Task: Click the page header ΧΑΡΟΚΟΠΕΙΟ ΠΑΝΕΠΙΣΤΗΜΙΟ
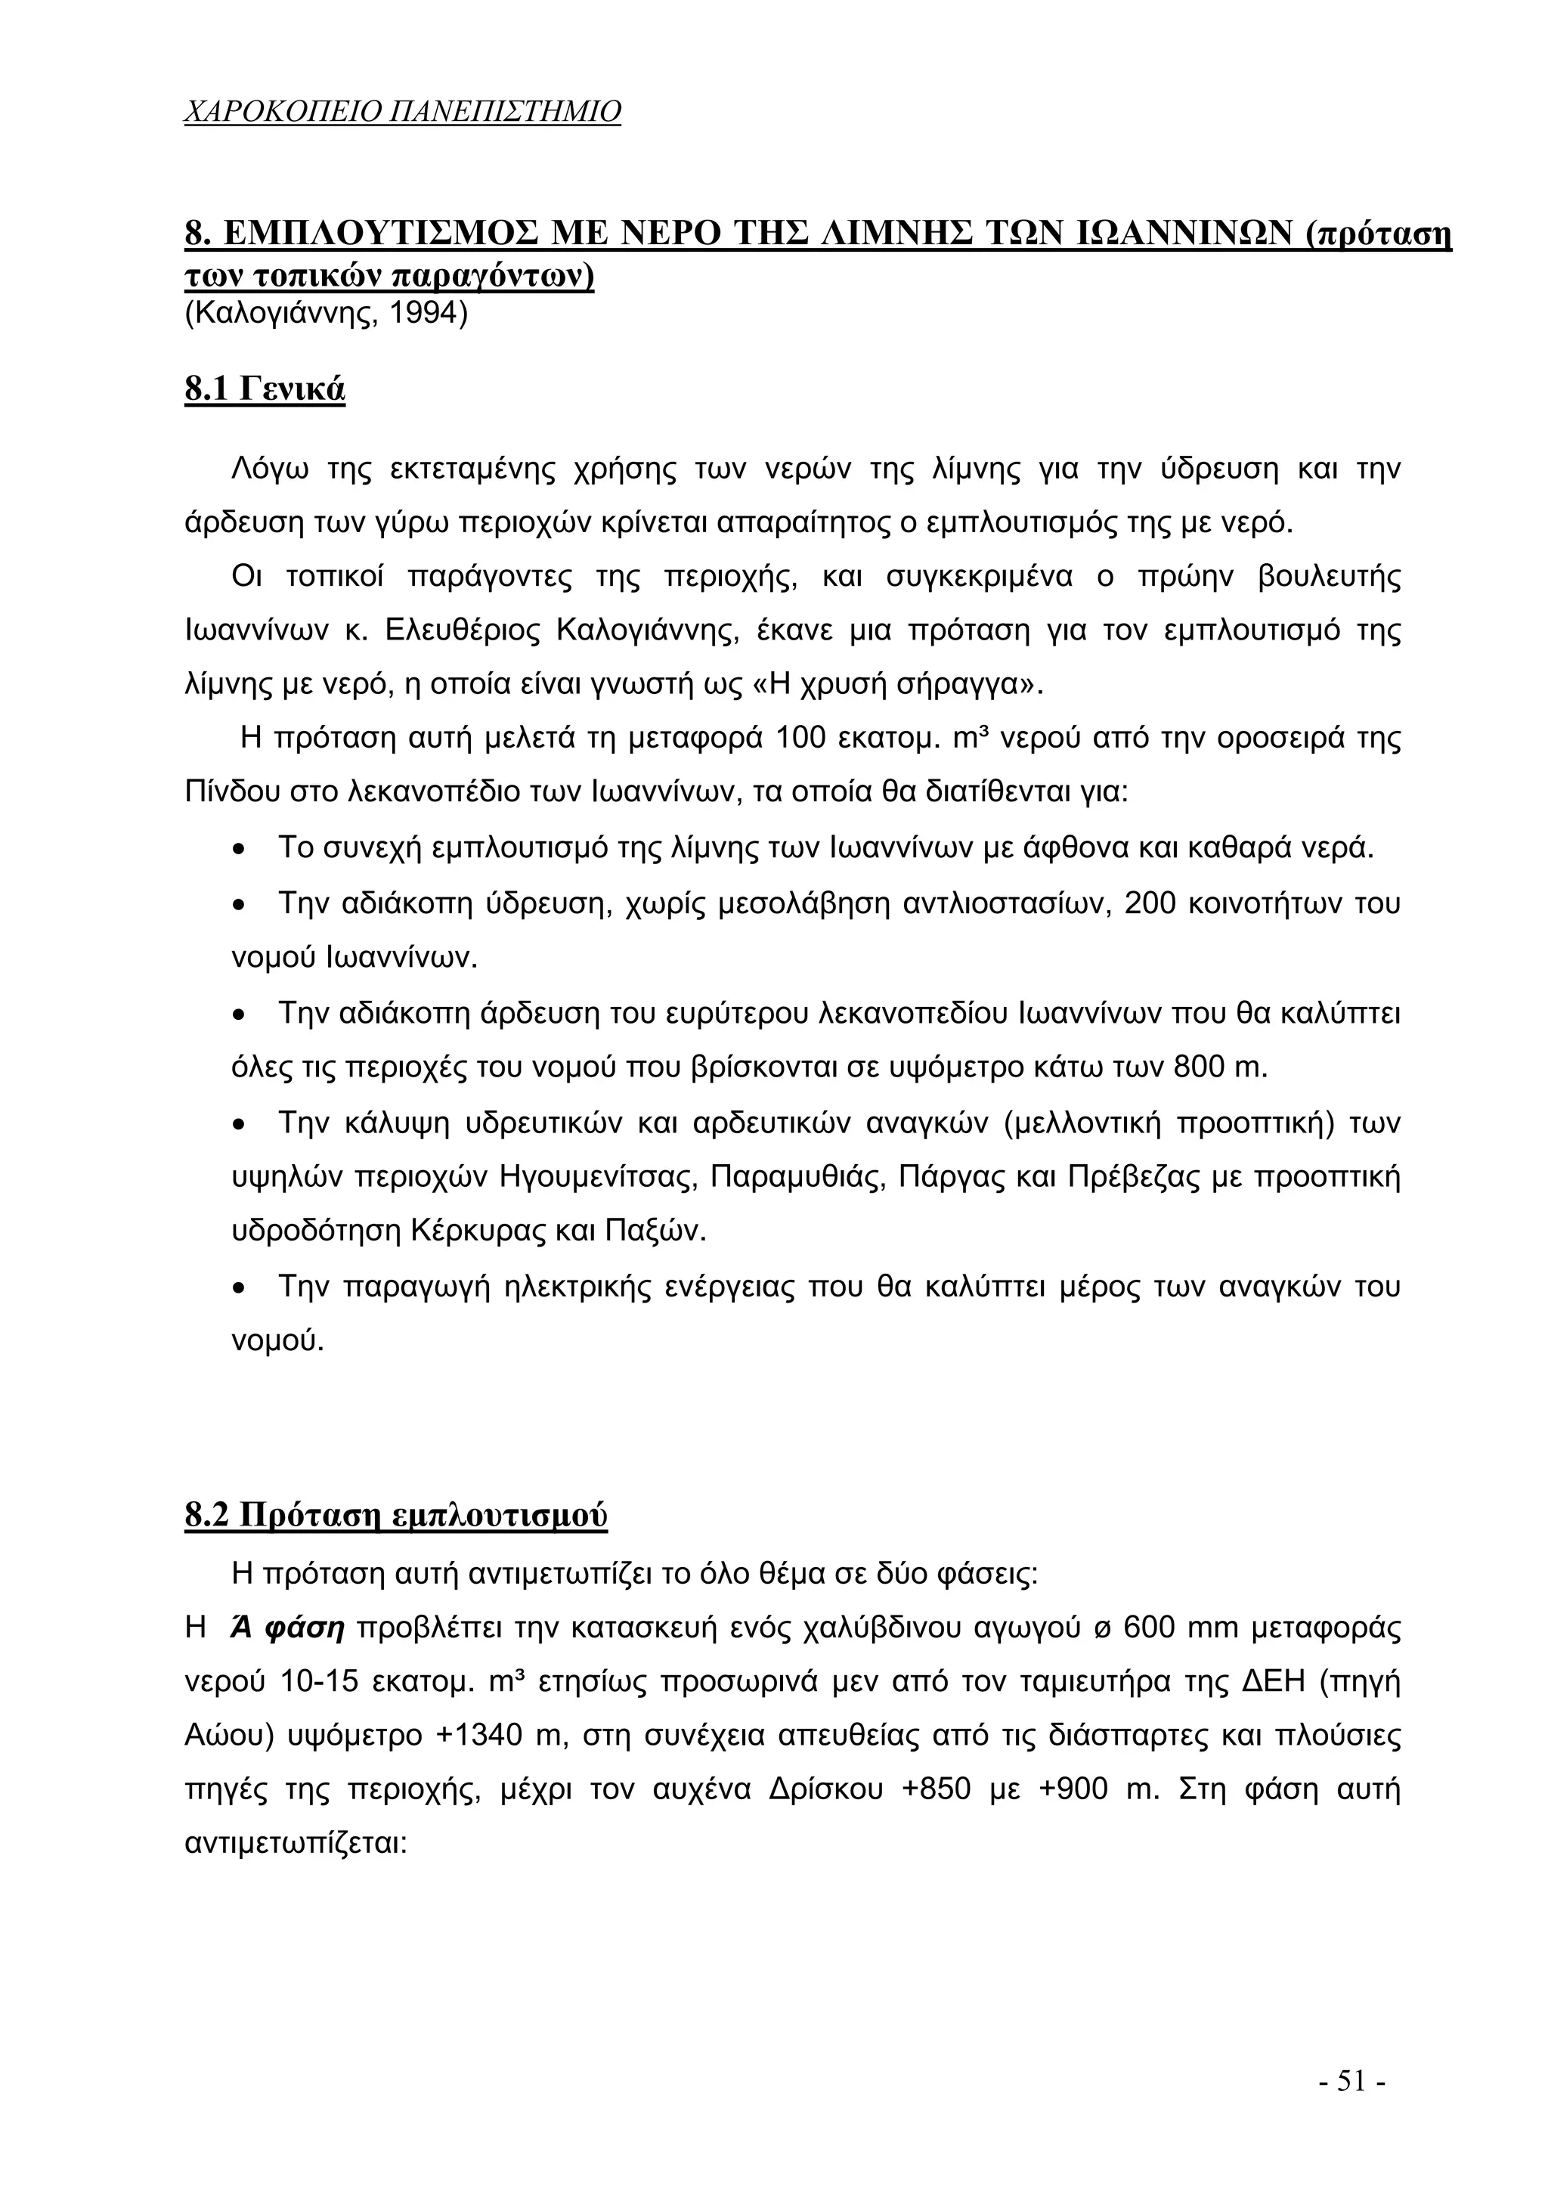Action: click(401, 112)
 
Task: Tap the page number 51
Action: click(1351, 2080)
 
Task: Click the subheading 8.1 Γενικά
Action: click(265, 389)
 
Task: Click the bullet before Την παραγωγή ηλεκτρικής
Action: click(240, 1289)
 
